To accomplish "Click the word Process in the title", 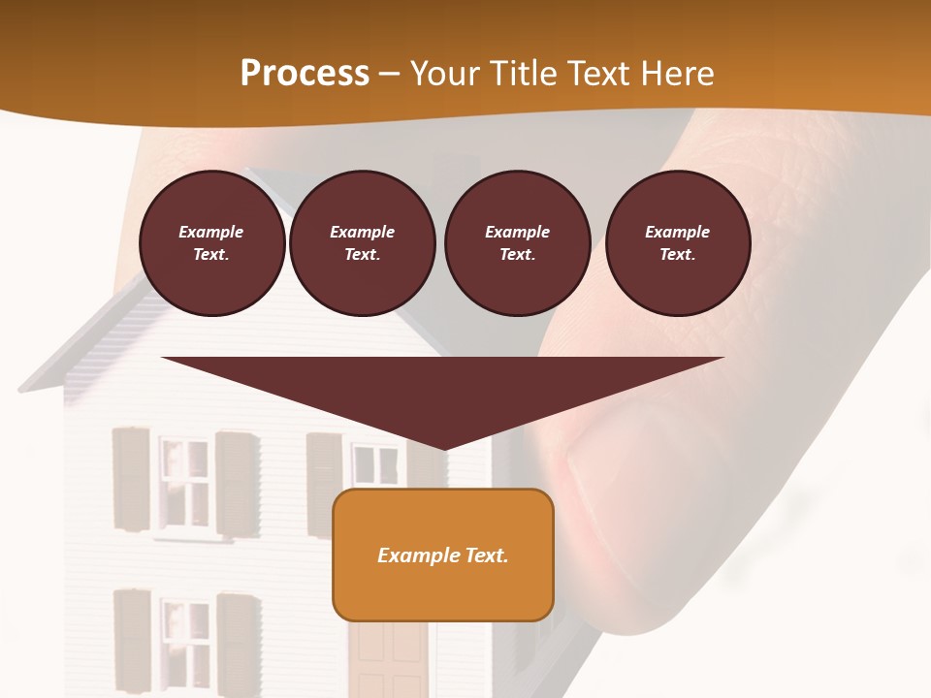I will [x=305, y=74].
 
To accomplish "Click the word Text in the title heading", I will [x=599, y=74].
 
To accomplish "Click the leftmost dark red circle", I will [x=211, y=243].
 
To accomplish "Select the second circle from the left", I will [x=362, y=243].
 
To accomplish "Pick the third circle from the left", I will [x=517, y=243].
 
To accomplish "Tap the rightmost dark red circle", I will [x=677, y=243].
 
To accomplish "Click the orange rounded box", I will [x=442, y=555].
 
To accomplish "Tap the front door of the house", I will [x=388, y=659].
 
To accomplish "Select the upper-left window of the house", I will [x=183, y=482].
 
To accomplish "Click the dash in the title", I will [x=389, y=74].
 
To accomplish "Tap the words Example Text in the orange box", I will [x=442, y=555].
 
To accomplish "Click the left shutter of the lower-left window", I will [x=132, y=640].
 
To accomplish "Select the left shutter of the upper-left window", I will [x=131, y=479].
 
